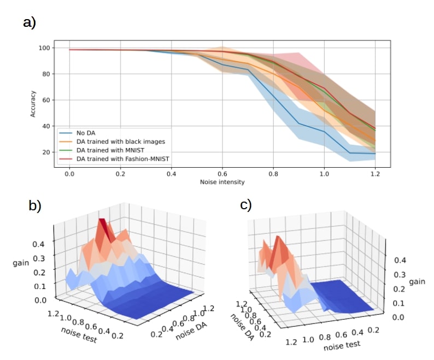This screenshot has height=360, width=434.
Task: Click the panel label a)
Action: tap(29, 23)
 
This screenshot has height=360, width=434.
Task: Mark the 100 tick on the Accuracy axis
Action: tap(46, 48)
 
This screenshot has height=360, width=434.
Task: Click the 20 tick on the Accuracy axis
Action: tap(48, 152)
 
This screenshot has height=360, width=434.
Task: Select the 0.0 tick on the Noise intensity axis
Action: tap(69, 172)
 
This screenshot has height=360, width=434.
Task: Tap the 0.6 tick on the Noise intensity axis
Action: tap(222, 172)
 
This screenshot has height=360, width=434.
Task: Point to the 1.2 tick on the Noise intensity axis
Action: tap(375, 172)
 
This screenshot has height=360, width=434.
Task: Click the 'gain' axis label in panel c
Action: tap(418, 282)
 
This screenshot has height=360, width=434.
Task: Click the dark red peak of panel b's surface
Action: tap(103, 227)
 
